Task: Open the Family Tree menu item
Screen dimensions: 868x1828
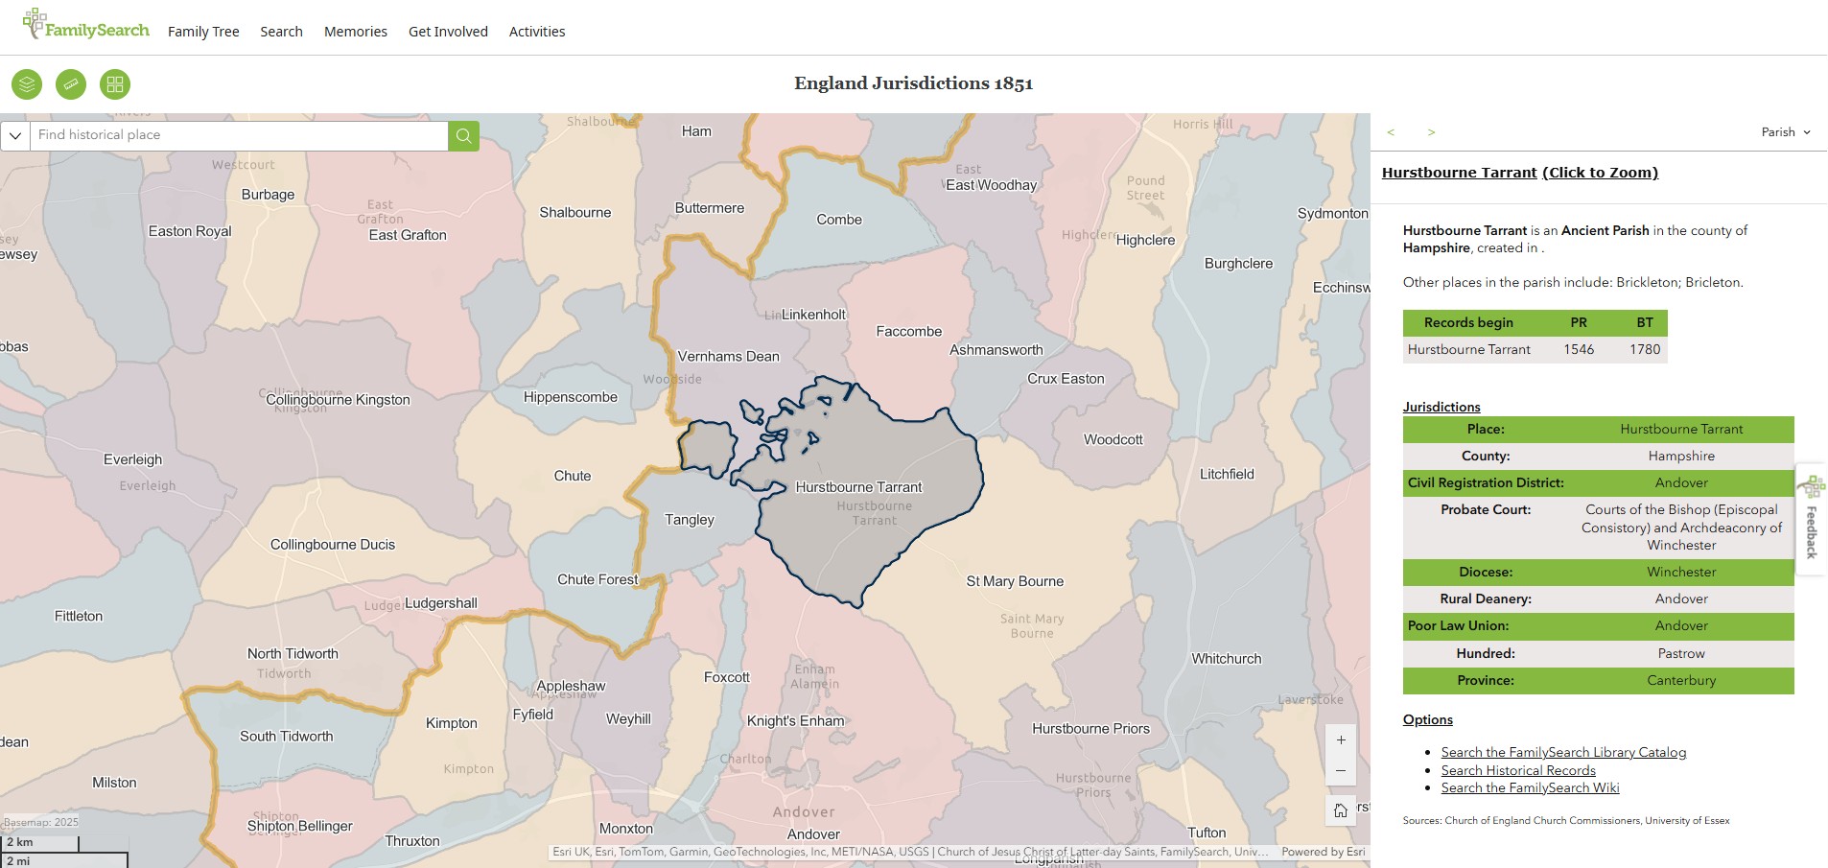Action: [203, 32]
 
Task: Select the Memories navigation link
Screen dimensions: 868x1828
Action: [356, 32]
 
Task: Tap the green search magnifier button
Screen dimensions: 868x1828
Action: [463, 135]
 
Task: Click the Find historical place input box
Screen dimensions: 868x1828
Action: [240, 135]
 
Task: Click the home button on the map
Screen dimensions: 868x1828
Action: [1341, 810]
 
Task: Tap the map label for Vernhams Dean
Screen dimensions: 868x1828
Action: [729, 357]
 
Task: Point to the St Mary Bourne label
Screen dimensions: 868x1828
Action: [1015, 581]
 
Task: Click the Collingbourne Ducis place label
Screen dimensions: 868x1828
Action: [333, 545]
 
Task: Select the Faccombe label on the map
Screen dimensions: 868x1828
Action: [909, 332]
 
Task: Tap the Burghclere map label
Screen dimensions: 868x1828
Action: [1238, 264]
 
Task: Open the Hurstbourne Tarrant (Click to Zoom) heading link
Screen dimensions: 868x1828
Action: [1519, 173]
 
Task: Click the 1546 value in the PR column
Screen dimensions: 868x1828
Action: [1579, 350]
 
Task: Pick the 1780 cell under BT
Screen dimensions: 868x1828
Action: [1645, 350]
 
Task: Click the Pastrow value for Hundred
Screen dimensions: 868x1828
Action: [1681, 654]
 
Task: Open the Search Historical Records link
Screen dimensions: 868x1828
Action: [1518, 770]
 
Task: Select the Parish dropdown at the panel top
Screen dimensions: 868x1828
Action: [1785, 132]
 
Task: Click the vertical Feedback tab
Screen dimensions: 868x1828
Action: [1812, 523]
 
